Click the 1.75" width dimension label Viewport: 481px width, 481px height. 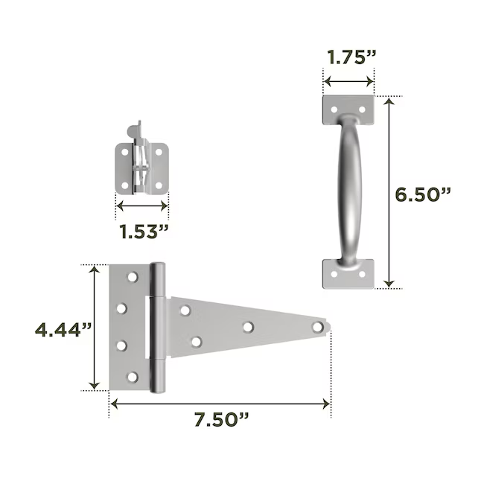tap(351, 57)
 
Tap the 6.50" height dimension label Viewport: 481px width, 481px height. tap(423, 194)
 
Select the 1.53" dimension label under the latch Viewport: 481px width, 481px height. tap(144, 232)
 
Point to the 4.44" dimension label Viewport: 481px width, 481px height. tap(63, 330)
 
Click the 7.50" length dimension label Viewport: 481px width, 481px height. tap(221, 419)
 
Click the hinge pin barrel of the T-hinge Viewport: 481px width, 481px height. tap(157, 328)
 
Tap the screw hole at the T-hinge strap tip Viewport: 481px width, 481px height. tap(318, 327)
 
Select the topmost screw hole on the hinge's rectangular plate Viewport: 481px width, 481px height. tap(133, 277)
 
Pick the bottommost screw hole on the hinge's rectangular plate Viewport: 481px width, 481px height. tap(133, 377)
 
